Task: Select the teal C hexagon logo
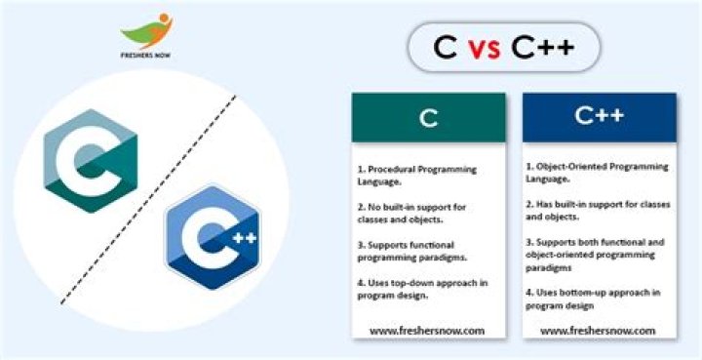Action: [92, 159]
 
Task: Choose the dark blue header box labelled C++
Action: [599, 117]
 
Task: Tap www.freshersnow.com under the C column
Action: [428, 331]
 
